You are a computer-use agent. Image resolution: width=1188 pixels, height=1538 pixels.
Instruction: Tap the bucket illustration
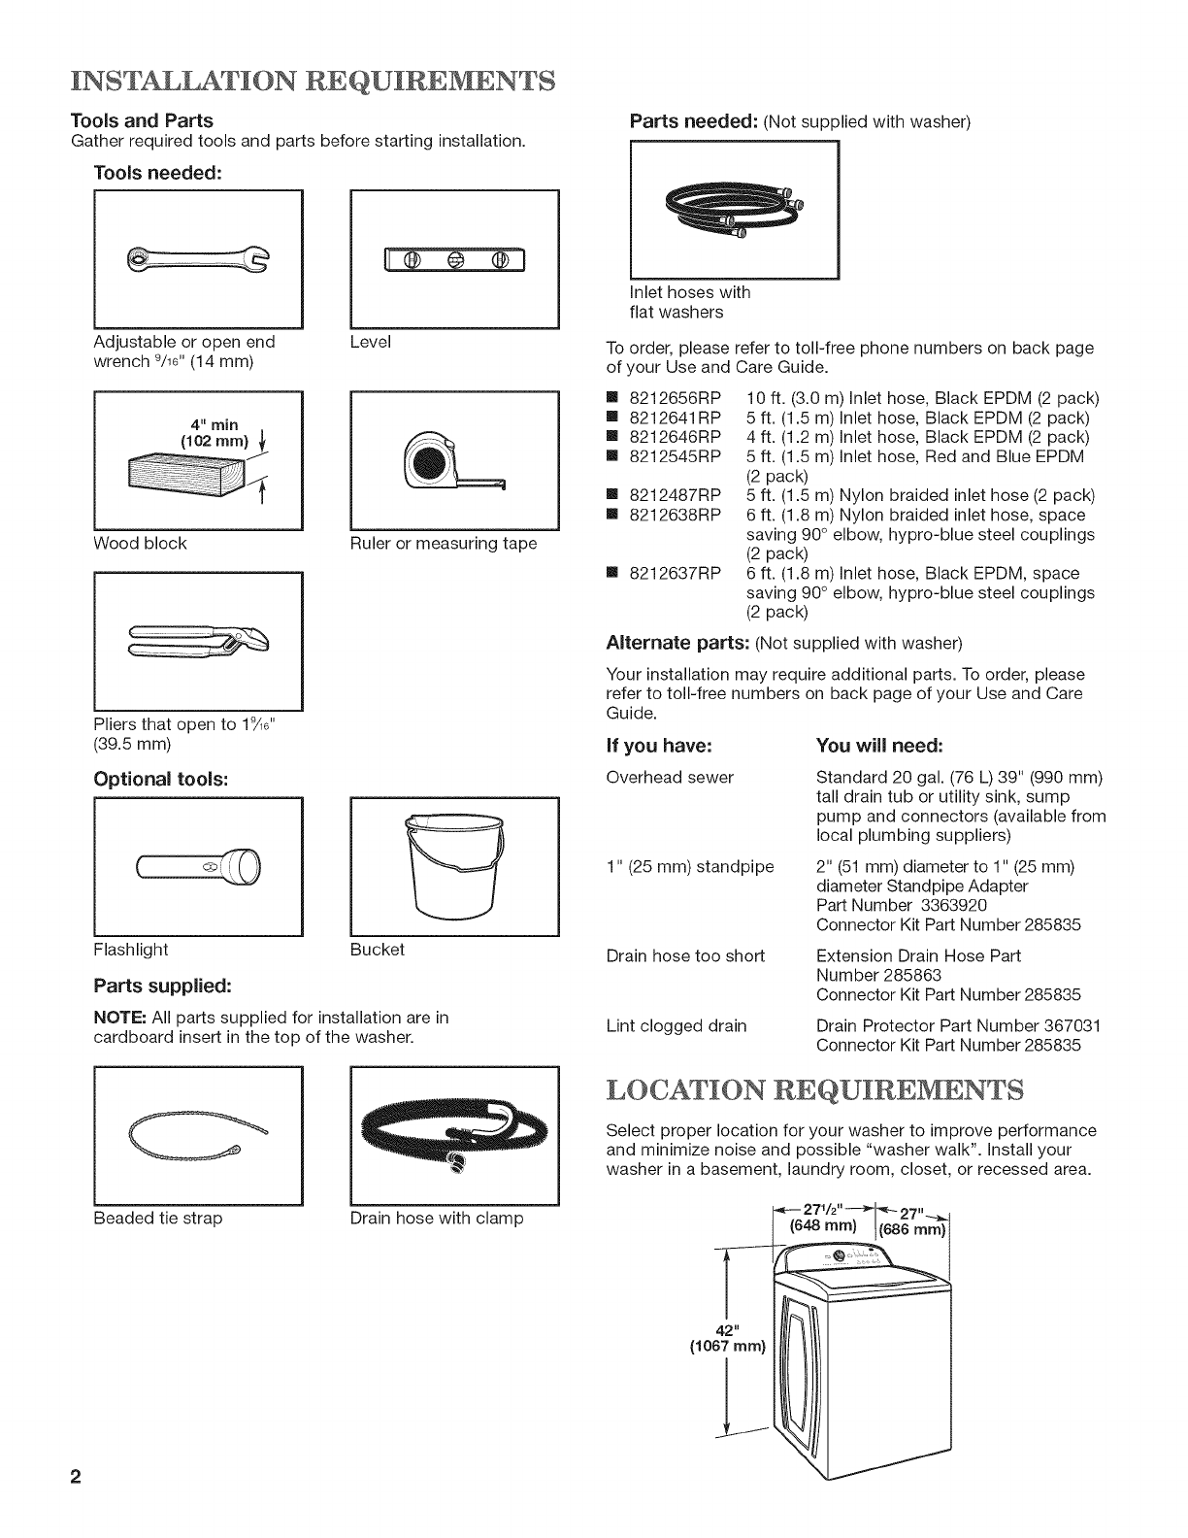(x=453, y=864)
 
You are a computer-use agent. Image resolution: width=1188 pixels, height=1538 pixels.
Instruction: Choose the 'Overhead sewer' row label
(x=670, y=778)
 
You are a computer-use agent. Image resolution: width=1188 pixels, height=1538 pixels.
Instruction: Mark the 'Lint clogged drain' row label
(x=676, y=1026)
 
